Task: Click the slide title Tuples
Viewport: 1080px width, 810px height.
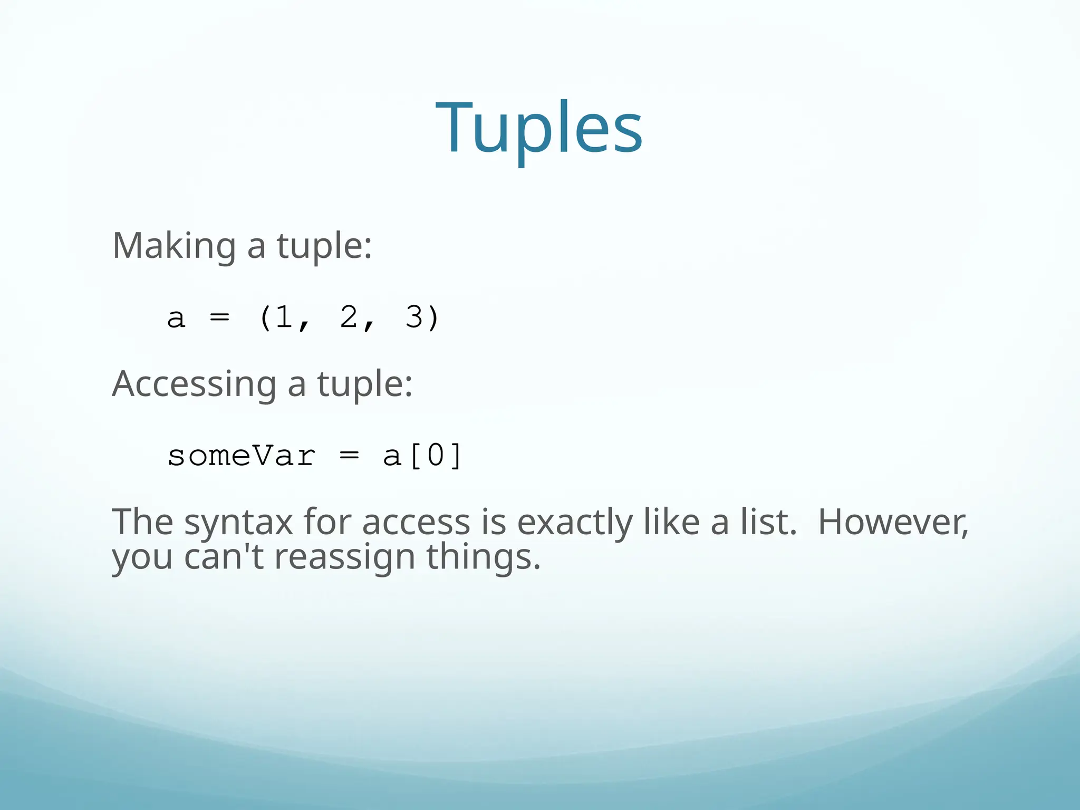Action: (x=539, y=128)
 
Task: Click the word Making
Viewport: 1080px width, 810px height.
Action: (x=174, y=246)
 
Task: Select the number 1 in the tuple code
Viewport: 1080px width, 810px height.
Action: (x=284, y=317)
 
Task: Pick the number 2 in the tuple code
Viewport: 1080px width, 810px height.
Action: (x=349, y=317)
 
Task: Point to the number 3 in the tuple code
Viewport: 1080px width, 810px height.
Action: (x=414, y=317)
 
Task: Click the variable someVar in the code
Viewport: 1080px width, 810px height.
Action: (x=242, y=456)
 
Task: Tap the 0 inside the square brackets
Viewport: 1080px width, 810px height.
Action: (x=436, y=456)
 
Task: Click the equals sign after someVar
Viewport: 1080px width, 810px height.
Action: (x=349, y=456)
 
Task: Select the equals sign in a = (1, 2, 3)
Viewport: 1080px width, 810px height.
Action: (x=219, y=318)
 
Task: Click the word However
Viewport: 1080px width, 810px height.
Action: (x=893, y=522)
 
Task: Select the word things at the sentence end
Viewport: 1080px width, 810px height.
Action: (x=483, y=558)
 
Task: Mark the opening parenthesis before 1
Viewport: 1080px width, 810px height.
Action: (x=266, y=317)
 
